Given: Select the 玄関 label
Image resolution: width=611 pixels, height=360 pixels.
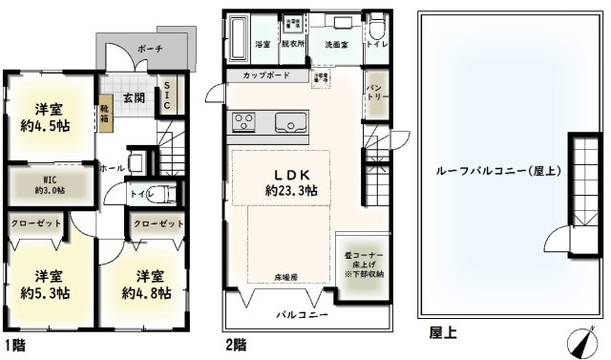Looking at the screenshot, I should pos(132,96).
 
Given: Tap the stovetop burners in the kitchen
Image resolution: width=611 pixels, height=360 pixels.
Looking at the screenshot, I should pos(243,122).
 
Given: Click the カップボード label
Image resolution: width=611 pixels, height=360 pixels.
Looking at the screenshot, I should pos(266,75).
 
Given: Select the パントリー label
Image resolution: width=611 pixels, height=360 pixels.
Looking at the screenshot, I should pos(375,94).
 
